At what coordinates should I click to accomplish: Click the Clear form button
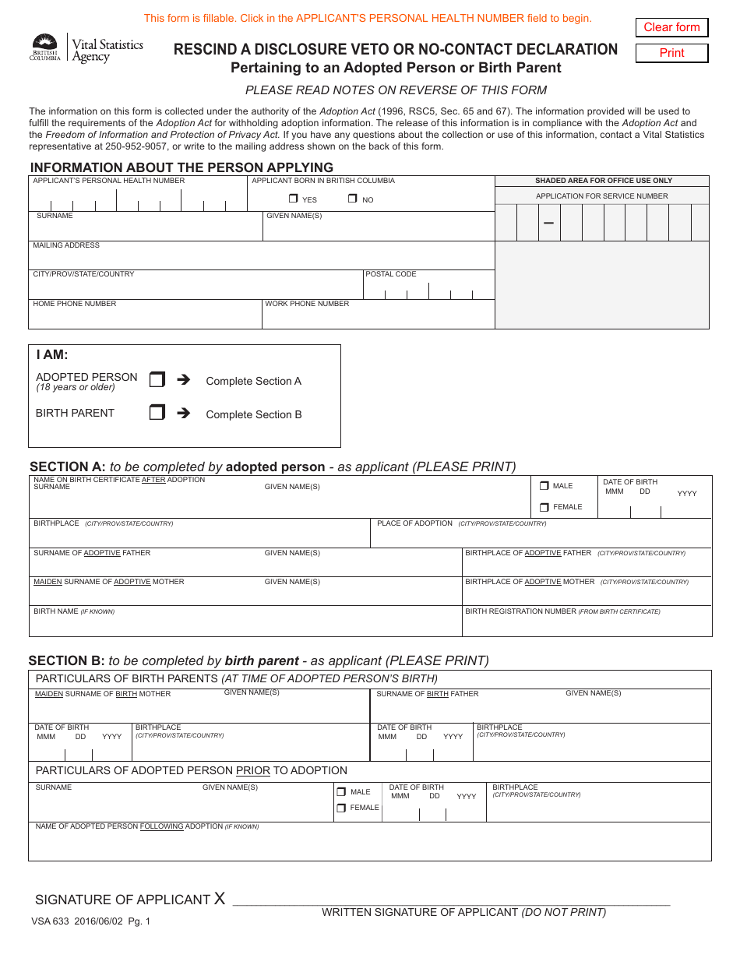click(671, 27)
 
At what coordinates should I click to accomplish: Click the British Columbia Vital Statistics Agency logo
click(86, 49)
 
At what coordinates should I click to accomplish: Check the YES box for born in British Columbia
click(293, 199)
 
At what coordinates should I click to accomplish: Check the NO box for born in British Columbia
click(352, 199)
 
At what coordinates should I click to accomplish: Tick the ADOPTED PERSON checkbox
click(157, 380)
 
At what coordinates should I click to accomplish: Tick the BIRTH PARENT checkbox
click(157, 413)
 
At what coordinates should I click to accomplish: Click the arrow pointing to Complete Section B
click(184, 414)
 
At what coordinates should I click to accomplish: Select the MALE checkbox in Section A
click(544, 486)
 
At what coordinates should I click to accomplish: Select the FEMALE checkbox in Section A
click(544, 507)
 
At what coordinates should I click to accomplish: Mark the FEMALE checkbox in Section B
click(341, 808)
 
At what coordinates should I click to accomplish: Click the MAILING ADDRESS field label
click(66, 245)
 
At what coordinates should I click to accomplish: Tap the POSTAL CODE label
click(391, 274)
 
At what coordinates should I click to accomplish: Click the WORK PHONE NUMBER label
click(307, 304)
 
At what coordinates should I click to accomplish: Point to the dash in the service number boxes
click(548, 224)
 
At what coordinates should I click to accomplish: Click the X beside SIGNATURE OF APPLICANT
click(220, 899)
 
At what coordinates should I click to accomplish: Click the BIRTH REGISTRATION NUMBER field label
click(520, 611)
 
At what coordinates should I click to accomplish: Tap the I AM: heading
click(52, 355)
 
